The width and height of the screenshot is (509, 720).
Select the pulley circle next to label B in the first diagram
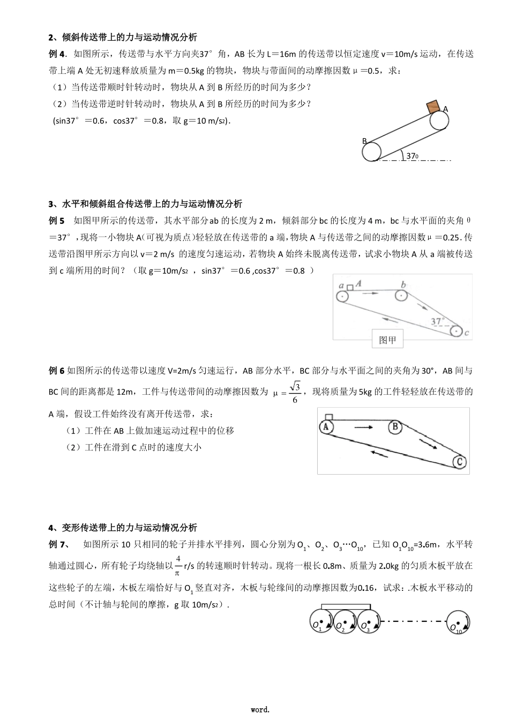tap(372, 152)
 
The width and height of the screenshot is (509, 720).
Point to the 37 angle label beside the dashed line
tap(412, 156)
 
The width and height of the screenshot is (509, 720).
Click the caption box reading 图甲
tap(387, 340)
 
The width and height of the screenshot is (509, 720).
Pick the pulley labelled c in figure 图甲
tap(456, 332)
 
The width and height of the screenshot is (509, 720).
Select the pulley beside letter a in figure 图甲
tap(342, 296)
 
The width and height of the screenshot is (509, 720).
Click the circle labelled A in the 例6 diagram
tap(326, 426)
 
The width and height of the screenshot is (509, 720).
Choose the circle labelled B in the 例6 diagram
tap(394, 426)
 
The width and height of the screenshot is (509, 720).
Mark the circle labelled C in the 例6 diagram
tap(459, 461)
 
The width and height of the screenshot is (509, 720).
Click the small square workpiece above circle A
tap(329, 417)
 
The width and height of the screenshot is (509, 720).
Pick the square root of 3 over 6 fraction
tap(295, 392)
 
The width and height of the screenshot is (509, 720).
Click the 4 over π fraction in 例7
tap(178, 566)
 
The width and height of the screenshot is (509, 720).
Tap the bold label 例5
tap(56, 221)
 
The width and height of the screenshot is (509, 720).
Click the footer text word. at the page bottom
tap(260, 710)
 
